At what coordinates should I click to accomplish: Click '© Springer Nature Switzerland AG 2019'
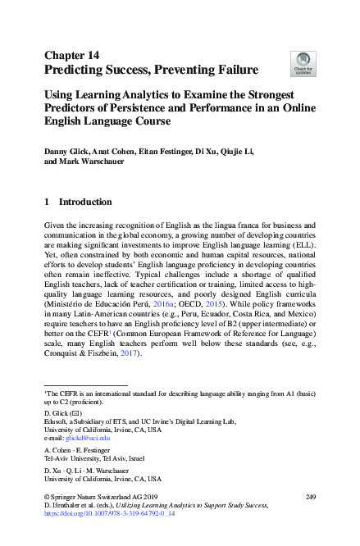(x=92, y=497)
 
